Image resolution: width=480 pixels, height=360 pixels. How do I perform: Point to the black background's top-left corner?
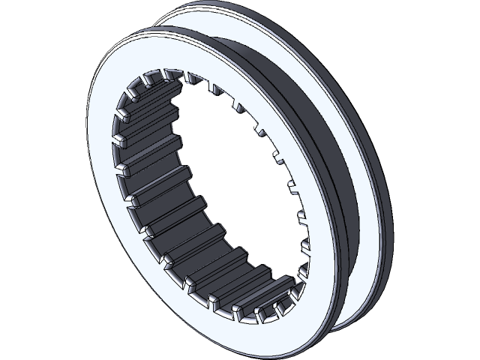pos(7,7)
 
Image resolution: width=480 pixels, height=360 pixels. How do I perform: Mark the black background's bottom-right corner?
pos(472,352)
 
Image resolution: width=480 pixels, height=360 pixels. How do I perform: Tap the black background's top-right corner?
pos(472,7)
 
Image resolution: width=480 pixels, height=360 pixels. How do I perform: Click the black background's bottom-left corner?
pos(7,352)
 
